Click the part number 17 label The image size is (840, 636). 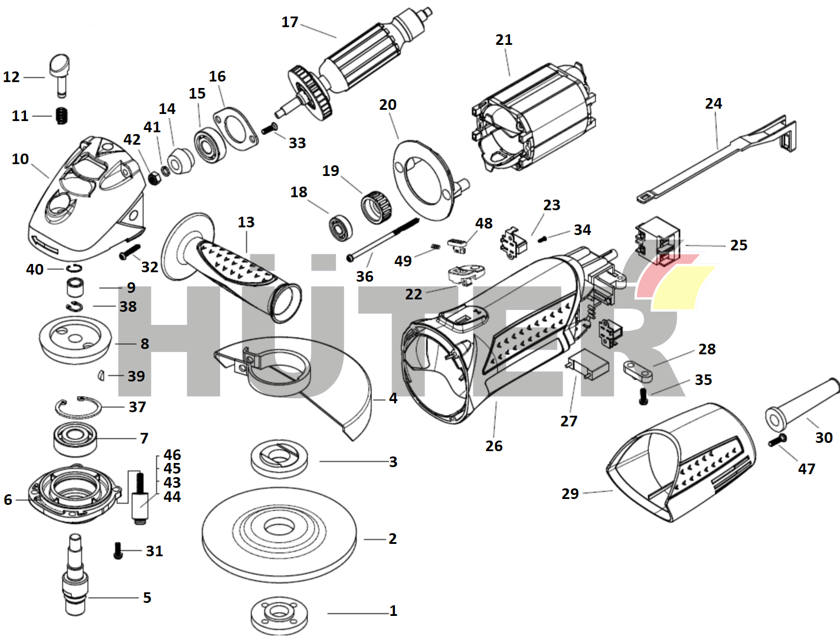pyautogui.click(x=290, y=22)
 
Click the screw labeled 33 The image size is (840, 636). pyautogui.click(x=270, y=128)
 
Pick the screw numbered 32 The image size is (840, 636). pyautogui.click(x=129, y=252)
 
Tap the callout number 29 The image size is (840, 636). pyautogui.click(x=570, y=494)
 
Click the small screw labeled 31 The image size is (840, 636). pyautogui.click(x=118, y=551)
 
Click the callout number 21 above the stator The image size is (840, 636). pyautogui.click(x=504, y=40)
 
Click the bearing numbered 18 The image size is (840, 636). pyautogui.click(x=341, y=227)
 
